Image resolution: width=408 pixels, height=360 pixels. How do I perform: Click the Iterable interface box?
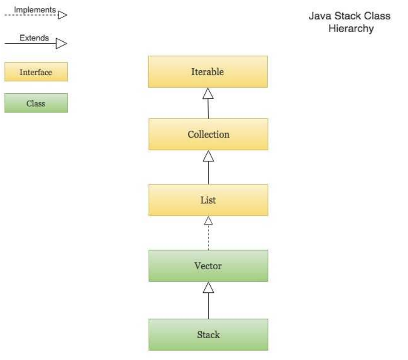pos(208,72)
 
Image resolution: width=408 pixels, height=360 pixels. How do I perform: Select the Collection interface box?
pos(208,134)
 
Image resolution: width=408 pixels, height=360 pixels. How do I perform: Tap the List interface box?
pos(208,200)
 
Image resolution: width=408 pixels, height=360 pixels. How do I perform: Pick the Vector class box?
pos(208,266)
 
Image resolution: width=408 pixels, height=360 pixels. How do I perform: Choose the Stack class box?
pos(208,335)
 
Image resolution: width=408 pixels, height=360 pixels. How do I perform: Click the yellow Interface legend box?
pos(36,72)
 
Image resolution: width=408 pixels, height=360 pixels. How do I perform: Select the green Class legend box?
pos(36,103)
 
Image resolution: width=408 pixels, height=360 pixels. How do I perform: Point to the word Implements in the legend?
pos(35,10)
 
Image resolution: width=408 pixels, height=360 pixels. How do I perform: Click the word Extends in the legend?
pos(34,38)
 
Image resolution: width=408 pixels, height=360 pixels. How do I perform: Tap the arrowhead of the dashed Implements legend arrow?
pos(63,15)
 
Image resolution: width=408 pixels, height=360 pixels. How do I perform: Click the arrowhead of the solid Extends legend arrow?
pos(61,44)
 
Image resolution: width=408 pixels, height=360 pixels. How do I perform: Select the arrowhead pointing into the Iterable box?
pos(208,93)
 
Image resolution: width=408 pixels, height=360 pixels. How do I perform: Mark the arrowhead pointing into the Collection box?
pos(208,156)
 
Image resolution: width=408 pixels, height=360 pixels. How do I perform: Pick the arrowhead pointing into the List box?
pos(208,220)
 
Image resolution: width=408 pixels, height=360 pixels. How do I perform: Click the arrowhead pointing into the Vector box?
pos(208,288)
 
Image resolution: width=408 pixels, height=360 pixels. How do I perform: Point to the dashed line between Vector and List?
pos(208,237)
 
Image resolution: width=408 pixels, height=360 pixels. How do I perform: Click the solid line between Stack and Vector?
pos(208,306)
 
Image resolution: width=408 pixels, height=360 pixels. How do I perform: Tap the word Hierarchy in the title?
pos(351,28)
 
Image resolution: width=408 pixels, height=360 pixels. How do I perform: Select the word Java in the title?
pos(320,16)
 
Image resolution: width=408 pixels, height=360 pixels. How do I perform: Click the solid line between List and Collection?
pos(208,173)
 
